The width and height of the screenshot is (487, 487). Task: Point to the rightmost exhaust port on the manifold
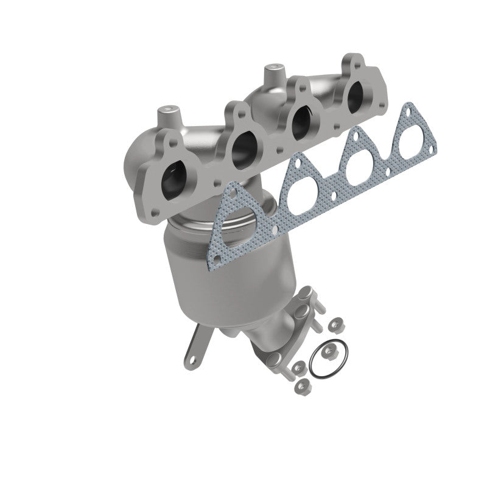(x=353, y=96)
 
